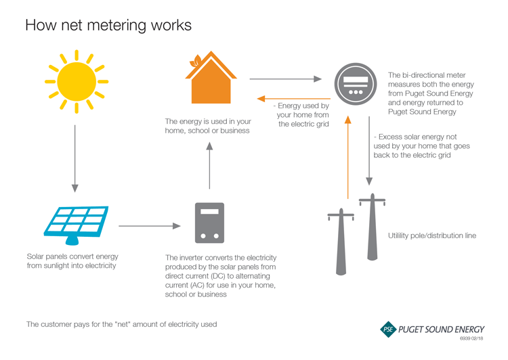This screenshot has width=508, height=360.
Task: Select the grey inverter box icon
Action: [x=209, y=223]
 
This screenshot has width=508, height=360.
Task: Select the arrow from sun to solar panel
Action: [x=75, y=159]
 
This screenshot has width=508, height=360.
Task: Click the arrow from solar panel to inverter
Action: [x=149, y=226]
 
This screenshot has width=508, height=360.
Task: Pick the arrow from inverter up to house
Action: [x=209, y=166]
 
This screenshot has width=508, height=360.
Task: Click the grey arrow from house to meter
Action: [x=285, y=79]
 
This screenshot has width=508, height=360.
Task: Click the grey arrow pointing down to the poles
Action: [x=368, y=152]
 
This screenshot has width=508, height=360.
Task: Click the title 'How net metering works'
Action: [x=108, y=25]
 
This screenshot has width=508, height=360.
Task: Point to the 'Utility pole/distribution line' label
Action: [x=431, y=235]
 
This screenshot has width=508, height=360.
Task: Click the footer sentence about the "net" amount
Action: [x=122, y=324]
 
